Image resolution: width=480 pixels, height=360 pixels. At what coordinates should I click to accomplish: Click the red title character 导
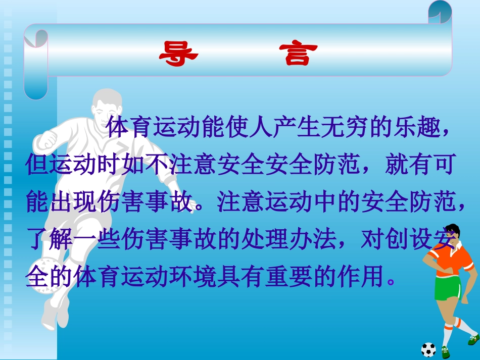[178, 54]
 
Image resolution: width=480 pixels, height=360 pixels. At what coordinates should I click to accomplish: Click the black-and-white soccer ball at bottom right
[428, 350]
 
